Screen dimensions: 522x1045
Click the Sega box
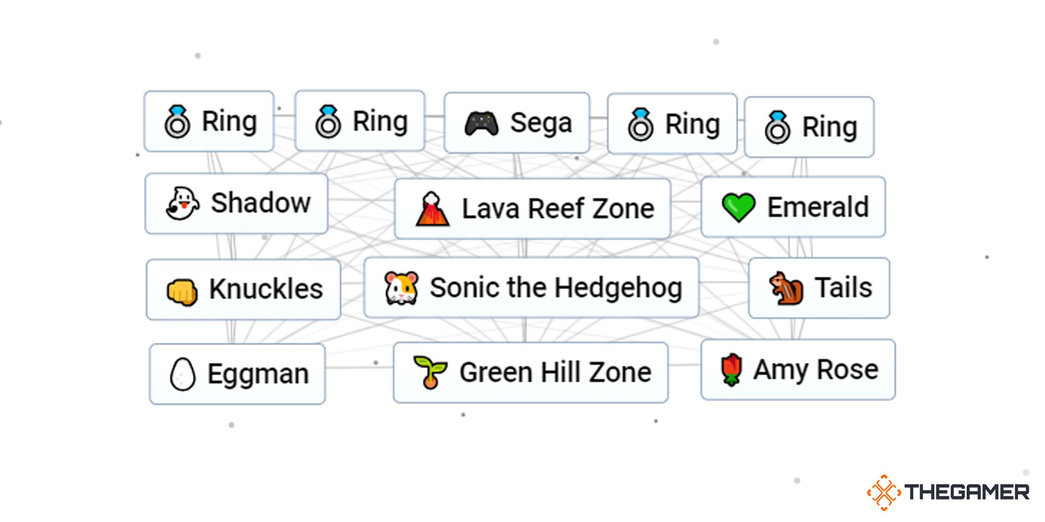click(517, 123)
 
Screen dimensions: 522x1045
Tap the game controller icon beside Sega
click(481, 124)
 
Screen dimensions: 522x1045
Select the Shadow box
click(236, 204)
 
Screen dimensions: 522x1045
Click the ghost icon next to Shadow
click(182, 204)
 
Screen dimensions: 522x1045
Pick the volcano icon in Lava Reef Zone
click(432, 209)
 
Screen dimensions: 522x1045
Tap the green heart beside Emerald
click(738, 207)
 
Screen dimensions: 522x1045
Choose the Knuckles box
click(243, 289)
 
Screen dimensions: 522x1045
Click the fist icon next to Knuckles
click(182, 291)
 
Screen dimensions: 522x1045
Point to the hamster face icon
click(401, 288)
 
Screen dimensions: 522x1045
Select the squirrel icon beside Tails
click(786, 288)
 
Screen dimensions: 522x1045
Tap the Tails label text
click(843, 288)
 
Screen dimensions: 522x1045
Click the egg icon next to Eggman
click(182, 374)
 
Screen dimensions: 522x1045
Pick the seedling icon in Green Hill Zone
click(429, 372)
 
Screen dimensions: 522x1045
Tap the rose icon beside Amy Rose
click(731, 370)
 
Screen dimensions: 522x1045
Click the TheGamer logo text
click(967, 492)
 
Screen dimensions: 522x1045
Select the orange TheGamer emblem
click(884, 492)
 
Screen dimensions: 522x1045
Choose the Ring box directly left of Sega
click(359, 121)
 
